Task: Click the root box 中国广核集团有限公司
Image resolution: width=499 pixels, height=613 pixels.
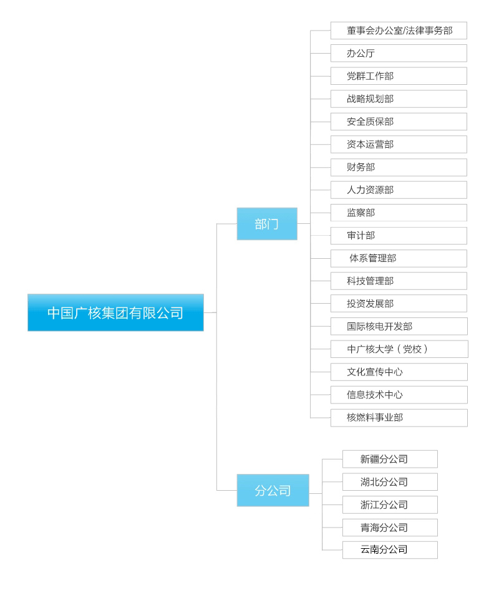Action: coord(116,312)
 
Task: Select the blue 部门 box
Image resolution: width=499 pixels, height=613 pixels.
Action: coord(267,224)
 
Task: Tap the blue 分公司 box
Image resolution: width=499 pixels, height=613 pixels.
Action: coord(273,490)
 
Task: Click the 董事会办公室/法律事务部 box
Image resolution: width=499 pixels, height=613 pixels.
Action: coord(399,31)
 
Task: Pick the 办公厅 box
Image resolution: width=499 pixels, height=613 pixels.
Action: coord(399,53)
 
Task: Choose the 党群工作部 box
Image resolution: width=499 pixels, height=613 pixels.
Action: coord(399,76)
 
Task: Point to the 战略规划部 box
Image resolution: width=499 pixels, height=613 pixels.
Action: coord(399,99)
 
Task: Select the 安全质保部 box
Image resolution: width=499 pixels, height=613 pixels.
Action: coord(399,122)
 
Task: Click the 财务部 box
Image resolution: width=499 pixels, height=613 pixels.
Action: coord(399,167)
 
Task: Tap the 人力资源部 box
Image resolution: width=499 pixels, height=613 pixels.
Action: coord(399,190)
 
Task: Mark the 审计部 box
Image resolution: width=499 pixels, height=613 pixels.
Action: coord(399,236)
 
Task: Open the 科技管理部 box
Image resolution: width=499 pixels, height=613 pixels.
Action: coord(399,281)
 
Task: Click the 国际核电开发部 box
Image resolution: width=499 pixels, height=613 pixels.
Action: coord(399,326)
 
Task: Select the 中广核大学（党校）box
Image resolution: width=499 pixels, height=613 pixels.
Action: coord(399,349)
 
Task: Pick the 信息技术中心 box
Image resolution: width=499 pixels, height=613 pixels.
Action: coord(399,395)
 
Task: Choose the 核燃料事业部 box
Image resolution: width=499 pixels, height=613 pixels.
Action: coord(399,418)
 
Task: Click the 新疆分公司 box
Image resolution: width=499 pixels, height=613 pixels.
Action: coord(390,459)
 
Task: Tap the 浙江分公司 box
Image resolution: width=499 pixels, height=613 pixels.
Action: coord(390,504)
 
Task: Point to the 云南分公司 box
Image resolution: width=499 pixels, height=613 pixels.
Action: coord(390,550)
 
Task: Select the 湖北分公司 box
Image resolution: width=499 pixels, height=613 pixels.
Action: coord(390,482)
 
